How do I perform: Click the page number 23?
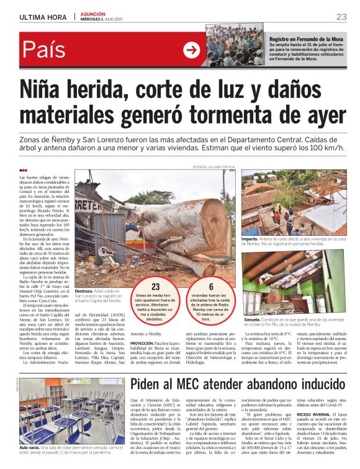[341, 16]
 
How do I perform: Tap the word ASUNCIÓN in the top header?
[93, 13]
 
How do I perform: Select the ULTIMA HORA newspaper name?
[43, 16]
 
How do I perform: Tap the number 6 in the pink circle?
[210, 287]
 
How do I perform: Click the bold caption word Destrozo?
[84, 290]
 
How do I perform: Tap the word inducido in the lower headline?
[310, 366]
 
